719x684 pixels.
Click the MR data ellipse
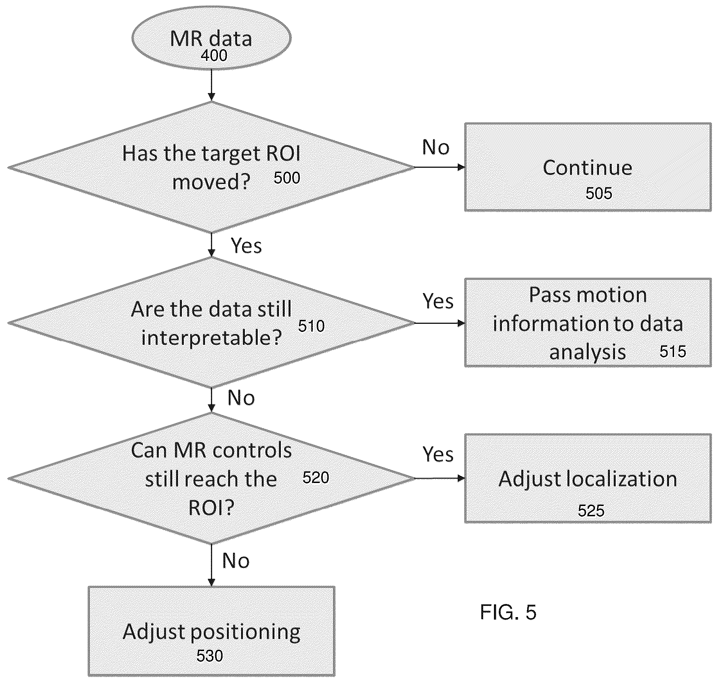(x=211, y=38)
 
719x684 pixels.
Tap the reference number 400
(x=214, y=56)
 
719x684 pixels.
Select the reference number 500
(x=287, y=178)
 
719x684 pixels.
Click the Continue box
(x=588, y=167)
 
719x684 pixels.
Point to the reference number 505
(x=599, y=193)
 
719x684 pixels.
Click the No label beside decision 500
(x=436, y=147)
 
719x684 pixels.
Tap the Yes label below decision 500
(x=246, y=245)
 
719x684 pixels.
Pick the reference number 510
(x=311, y=326)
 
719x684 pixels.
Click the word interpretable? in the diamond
(x=212, y=338)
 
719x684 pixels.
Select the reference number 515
(x=673, y=351)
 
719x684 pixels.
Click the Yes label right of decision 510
(x=438, y=301)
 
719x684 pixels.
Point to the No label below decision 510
(x=241, y=397)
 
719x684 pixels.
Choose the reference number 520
(x=316, y=478)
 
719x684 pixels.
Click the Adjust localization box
(x=588, y=478)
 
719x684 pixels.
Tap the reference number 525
(x=591, y=511)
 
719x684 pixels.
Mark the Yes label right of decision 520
(x=438, y=454)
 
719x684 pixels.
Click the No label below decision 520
(x=236, y=561)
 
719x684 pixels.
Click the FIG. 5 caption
(x=508, y=612)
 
